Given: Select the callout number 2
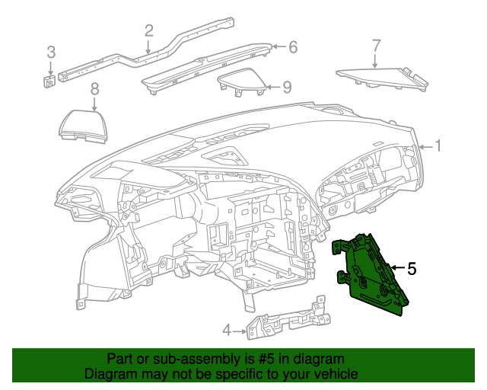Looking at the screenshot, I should (x=148, y=30).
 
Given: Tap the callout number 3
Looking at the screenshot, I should (x=51, y=53).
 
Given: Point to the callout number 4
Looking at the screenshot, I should (x=227, y=331).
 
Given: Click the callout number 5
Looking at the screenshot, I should (x=411, y=268).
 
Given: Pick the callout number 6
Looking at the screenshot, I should (x=292, y=47).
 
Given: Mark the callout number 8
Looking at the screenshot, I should (x=94, y=90).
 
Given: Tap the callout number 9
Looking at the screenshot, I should (x=286, y=88).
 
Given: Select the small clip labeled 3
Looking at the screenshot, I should (x=49, y=81).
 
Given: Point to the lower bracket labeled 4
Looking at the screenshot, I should (x=289, y=325).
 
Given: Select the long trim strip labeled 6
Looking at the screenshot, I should (x=205, y=69).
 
